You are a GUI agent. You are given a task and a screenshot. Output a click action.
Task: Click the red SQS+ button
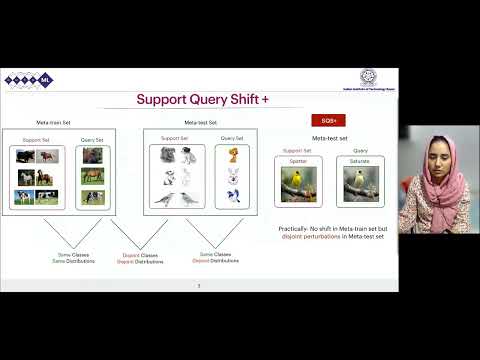[x=322, y=120]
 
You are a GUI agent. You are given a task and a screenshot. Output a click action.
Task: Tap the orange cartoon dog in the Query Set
[x=232, y=155]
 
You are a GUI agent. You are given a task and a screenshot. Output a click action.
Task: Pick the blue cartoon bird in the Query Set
[x=232, y=197]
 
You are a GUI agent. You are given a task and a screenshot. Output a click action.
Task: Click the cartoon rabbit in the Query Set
[x=232, y=176]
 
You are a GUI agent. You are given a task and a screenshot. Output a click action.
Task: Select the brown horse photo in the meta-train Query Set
[x=93, y=177]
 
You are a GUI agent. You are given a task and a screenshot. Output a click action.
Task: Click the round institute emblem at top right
[x=368, y=76]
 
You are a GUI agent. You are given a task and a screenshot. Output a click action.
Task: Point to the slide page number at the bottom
[x=198, y=285]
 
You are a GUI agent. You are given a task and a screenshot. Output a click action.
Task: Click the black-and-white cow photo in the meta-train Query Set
[x=93, y=198]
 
